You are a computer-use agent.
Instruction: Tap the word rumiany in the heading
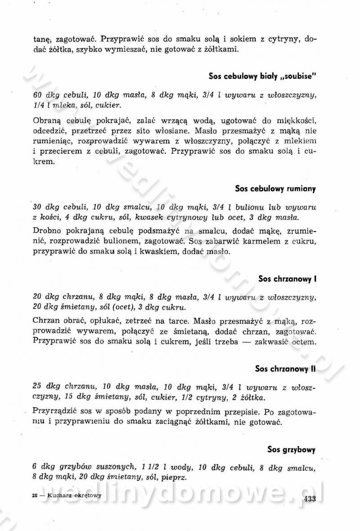point(299,189)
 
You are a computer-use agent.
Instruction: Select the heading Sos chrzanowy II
point(285,369)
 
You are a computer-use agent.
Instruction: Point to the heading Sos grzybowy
point(291,449)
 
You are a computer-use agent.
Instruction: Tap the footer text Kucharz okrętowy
point(72,495)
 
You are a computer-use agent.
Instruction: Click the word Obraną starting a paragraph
point(46,121)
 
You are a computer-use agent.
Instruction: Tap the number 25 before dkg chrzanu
point(38,386)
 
